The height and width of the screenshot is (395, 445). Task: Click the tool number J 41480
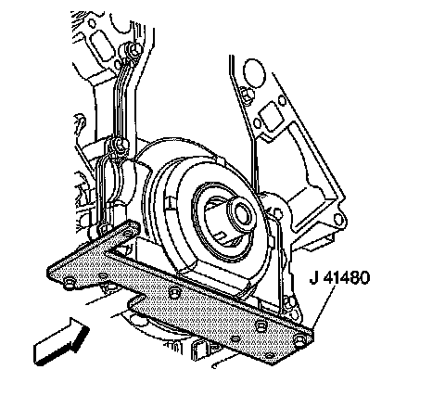click(339, 277)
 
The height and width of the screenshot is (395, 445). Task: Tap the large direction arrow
click(61, 340)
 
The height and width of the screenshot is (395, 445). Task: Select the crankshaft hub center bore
click(243, 212)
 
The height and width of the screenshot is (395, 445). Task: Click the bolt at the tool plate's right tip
click(299, 339)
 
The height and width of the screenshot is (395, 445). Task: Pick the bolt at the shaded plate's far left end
click(69, 283)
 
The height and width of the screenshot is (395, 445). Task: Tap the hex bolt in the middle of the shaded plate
click(174, 292)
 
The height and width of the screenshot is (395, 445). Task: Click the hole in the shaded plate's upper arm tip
click(127, 232)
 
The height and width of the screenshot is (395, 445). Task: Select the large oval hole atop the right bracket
click(254, 73)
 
